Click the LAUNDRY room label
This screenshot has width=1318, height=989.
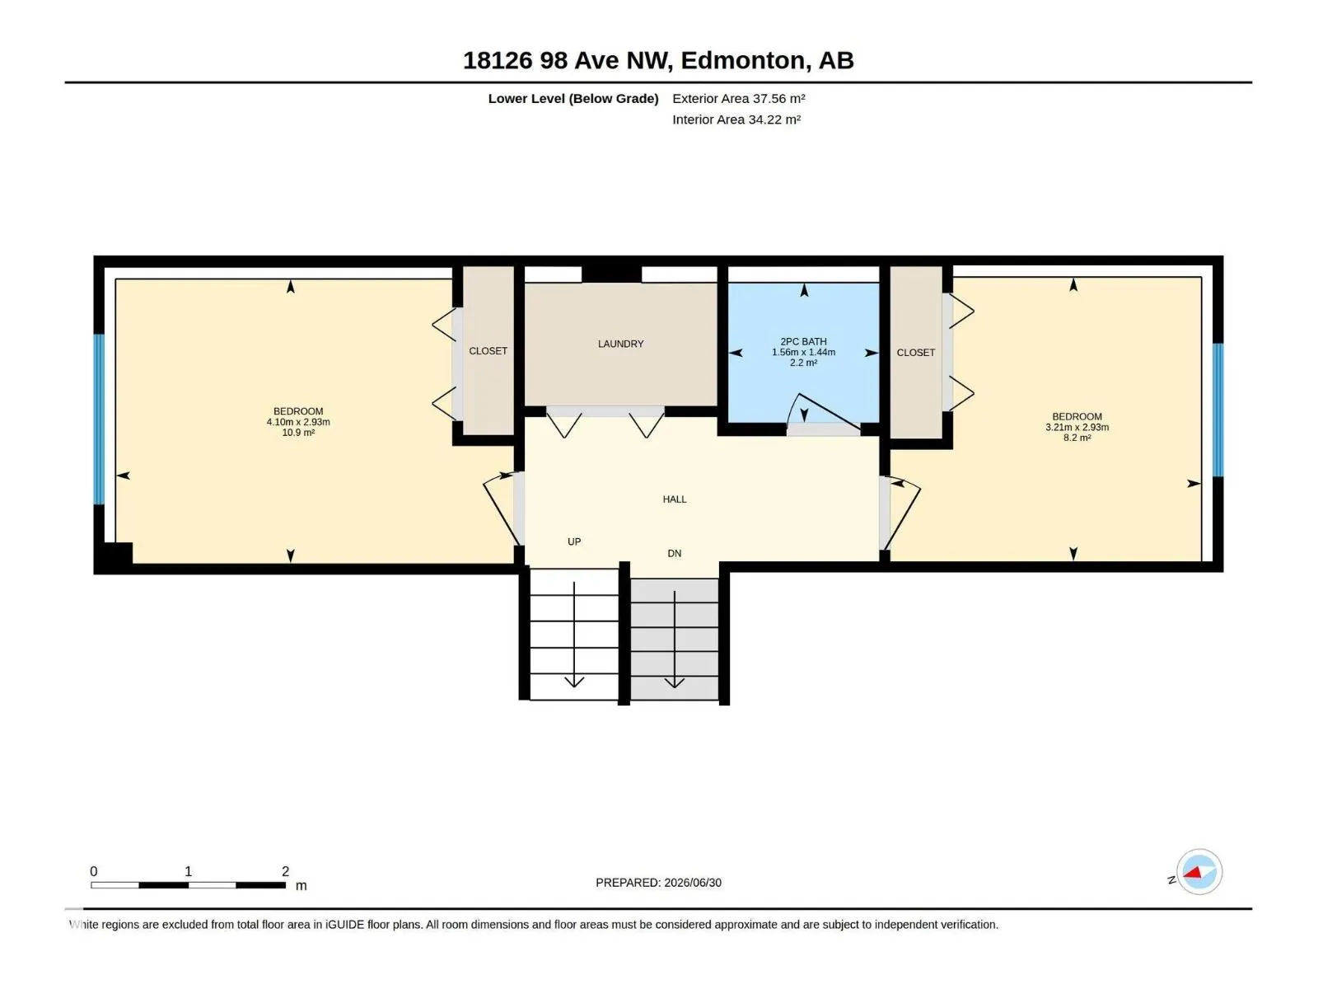pos(620,344)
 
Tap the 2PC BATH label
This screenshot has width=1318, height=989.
pos(803,341)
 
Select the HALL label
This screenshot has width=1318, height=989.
pos(675,499)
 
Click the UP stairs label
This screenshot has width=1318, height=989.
pos(574,541)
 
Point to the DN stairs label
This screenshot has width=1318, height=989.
pos(675,553)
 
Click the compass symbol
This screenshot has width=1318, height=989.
pos(1199,871)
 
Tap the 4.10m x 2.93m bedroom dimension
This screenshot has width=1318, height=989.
pos(298,422)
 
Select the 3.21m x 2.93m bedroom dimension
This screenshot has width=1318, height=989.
pos(1077,428)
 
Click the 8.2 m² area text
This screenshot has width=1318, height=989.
pos(1077,438)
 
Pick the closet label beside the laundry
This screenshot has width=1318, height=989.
pos(488,351)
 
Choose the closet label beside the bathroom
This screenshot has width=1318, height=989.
pos(916,353)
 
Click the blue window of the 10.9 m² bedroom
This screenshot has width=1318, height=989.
pos(99,420)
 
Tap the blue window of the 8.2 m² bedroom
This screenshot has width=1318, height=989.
pos(1218,410)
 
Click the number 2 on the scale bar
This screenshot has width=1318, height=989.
pos(285,870)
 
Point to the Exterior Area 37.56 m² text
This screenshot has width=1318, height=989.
pos(739,98)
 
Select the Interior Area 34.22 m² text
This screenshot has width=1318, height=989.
pos(736,120)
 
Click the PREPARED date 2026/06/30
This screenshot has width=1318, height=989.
pos(693,883)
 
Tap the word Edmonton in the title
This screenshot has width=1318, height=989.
pos(743,60)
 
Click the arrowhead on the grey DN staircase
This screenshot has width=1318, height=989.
pos(675,682)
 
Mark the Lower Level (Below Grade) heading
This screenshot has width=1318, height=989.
pos(573,98)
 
